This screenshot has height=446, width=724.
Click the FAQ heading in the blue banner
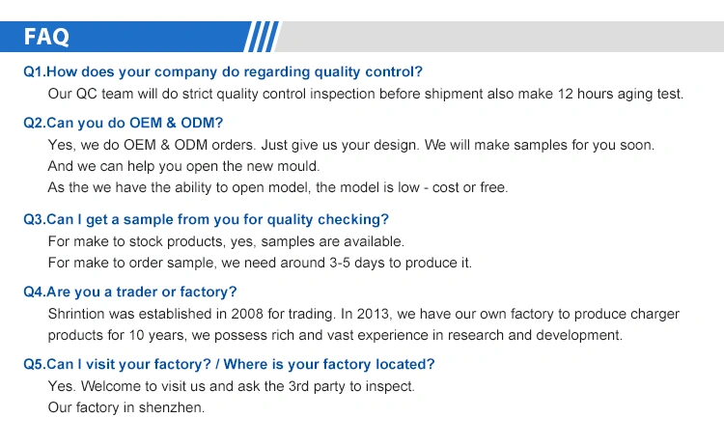(x=46, y=37)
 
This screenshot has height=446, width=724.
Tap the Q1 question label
(x=34, y=72)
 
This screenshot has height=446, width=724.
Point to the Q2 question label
(x=34, y=123)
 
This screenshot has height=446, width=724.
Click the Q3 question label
(x=34, y=219)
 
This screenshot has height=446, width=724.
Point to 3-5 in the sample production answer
(x=340, y=263)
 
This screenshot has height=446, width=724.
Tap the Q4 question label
(x=34, y=292)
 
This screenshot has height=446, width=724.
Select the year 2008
(x=247, y=314)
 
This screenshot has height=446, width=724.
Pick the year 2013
(x=373, y=314)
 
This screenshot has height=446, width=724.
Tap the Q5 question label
(x=34, y=364)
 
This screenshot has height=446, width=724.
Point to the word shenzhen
(x=171, y=407)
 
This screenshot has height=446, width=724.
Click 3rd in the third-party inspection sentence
(x=298, y=386)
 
